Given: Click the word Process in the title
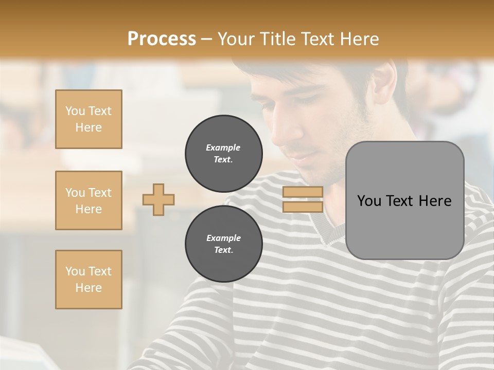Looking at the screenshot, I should [162, 39].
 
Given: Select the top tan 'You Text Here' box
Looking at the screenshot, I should [89, 119].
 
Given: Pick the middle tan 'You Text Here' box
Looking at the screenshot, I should [89, 200].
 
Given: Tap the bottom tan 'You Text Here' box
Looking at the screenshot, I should [89, 280].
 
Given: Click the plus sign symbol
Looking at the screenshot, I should [158, 199].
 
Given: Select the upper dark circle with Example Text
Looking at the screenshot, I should [224, 154].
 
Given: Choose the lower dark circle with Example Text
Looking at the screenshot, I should [224, 244].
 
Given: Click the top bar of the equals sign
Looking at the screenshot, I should [303, 192].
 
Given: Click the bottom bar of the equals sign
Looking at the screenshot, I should [303, 207].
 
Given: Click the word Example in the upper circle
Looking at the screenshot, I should [223, 147].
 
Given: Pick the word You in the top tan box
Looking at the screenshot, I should [75, 111].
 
